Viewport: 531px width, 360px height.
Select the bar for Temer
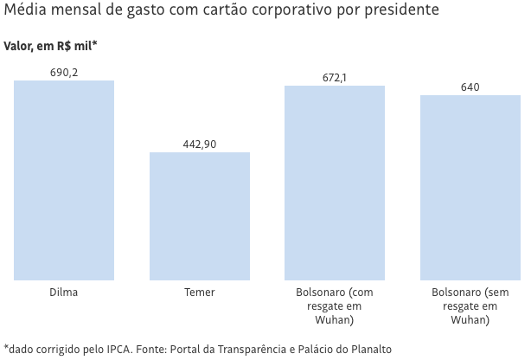click(200, 216)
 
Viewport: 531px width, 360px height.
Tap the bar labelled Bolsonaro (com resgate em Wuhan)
click(335, 183)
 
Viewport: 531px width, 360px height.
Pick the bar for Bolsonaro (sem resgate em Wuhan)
click(470, 187)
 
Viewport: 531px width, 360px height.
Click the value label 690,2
click(64, 73)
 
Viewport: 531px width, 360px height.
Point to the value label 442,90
click(200, 145)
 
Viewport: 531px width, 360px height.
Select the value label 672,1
click(335, 78)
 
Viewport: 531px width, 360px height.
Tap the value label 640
click(470, 87)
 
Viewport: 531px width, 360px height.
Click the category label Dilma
click(64, 292)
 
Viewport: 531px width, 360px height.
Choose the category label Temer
click(200, 292)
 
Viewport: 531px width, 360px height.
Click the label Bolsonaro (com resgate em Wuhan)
click(335, 306)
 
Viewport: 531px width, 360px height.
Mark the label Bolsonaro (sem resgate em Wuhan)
click(470, 306)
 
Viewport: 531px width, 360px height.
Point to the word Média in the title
click(25, 11)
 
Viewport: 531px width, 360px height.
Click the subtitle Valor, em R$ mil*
click(50, 46)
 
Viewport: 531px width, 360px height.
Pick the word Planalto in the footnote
click(369, 350)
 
